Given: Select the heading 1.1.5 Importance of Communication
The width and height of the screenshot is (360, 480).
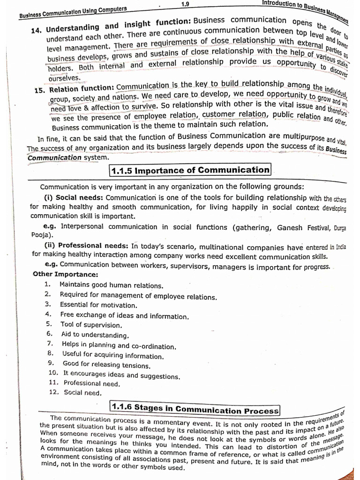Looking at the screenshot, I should pos(190,170).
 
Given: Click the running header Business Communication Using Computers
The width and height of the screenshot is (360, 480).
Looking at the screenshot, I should pos(73,12).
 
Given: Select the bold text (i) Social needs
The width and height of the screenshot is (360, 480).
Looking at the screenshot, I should pos(73,198).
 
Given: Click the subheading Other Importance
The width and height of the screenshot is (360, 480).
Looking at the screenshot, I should pos(65,274).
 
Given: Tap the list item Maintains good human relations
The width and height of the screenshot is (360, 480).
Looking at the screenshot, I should pos(112,285).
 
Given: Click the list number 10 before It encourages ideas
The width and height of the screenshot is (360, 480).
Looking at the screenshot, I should pos(52,373).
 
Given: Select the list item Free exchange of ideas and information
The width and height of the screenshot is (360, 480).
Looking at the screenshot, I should pos(124,315).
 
